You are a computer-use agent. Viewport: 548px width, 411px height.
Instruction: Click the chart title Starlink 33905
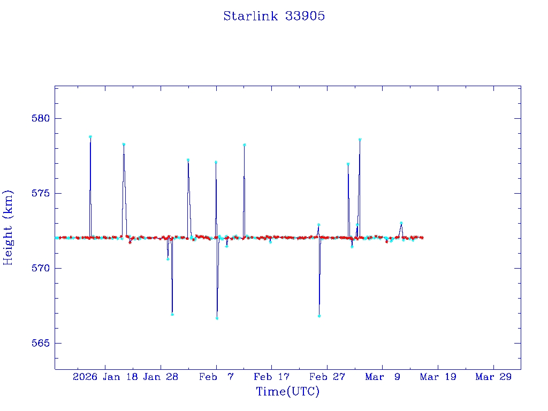(274, 16)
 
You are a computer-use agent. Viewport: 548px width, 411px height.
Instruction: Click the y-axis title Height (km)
(8, 227)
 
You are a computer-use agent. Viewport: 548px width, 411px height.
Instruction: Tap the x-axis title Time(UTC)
(287, 392)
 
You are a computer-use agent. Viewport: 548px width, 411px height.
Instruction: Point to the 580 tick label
(40, 118)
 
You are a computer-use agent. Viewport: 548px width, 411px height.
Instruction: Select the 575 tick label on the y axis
(40, 193)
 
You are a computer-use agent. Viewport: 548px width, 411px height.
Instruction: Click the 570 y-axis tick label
(40, 268)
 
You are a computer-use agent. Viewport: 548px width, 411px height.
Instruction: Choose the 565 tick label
(40, 343)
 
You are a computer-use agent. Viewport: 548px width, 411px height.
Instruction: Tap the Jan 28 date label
(160, 377)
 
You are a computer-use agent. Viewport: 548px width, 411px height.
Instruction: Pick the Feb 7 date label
(216, 377)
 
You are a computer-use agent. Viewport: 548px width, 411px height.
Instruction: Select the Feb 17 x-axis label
(271, 377)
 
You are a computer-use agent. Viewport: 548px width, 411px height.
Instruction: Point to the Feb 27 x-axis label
(327, 377)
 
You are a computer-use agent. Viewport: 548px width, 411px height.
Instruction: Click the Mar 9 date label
(383, 377)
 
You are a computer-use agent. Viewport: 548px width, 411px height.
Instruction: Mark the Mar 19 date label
(438, 377)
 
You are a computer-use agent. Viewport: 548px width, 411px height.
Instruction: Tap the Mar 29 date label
(493, 377)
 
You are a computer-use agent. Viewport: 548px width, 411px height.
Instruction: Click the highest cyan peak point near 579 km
(90, 136)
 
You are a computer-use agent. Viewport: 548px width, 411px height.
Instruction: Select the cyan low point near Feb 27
(319, 316)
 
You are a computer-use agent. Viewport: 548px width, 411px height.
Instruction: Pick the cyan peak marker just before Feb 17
(244, 144)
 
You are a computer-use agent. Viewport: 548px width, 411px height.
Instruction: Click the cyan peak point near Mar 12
(401, 223)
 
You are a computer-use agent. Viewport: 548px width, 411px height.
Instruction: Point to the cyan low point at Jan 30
(172, 314)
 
